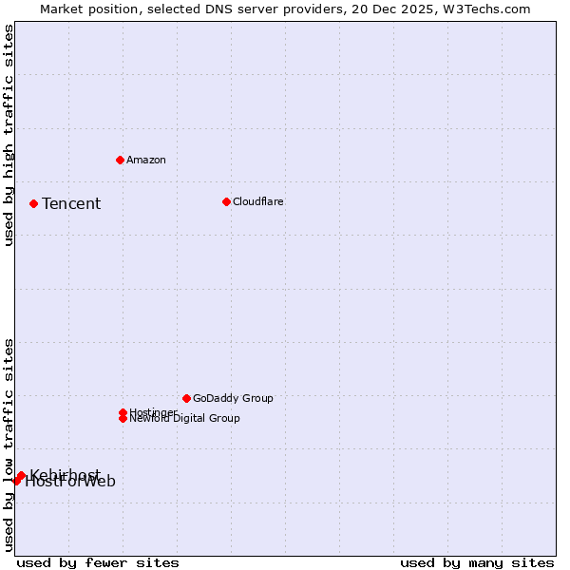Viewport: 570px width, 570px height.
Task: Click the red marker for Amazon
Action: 120,160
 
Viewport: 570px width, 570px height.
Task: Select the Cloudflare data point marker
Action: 226,201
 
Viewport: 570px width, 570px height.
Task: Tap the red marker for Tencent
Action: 33,203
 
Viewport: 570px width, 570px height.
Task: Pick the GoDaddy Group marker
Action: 186,398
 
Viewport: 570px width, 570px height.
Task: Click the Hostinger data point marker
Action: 123,412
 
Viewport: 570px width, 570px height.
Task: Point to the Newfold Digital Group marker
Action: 123,418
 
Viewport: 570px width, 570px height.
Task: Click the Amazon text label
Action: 145,160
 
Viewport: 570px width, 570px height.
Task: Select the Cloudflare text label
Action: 257,201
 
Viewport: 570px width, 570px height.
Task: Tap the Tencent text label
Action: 71,203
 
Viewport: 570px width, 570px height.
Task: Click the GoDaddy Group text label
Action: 233,398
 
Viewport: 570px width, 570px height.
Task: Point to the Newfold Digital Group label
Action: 184,419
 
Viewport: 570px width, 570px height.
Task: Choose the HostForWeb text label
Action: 70,482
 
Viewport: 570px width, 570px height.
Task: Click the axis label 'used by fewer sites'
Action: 98,562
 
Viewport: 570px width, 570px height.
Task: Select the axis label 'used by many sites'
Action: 477,562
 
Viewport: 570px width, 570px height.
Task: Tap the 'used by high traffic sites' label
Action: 9,135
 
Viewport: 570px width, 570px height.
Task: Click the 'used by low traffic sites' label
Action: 9,444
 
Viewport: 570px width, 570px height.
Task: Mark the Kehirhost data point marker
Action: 21,476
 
